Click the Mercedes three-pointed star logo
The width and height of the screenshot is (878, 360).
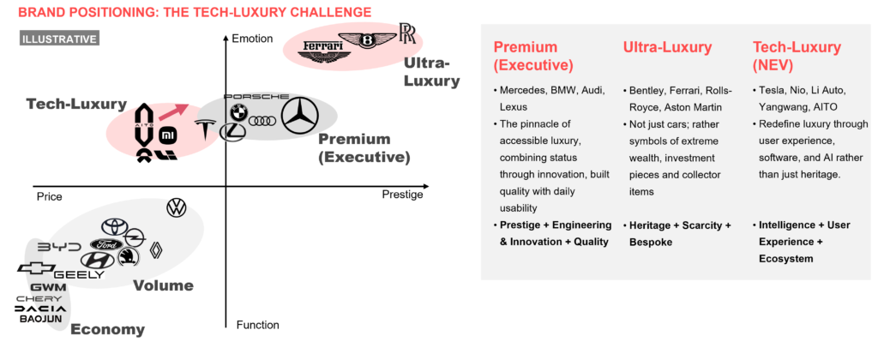[x=300, y=116]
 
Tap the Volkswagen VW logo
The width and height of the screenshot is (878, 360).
[x=177, y=207]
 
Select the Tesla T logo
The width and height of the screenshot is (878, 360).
[x=206, y=129]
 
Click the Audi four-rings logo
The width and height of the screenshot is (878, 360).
[x=261, y=120]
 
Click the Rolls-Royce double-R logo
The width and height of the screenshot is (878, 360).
[x=407, y=34]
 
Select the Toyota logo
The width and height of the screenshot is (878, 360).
[x=114, y=226]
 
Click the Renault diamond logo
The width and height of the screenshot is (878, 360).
[x=157, y=249]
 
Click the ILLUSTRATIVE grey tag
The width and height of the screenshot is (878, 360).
[x=59, y=39]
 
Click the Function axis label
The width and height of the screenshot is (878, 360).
[x=257, y=325]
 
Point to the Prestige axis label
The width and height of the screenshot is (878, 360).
[x=402, y=195]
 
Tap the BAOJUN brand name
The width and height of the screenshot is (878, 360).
[x=41, y=319]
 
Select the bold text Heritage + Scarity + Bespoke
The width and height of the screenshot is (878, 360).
[x=677, y=233]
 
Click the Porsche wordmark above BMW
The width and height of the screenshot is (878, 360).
[x=256, y=98]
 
